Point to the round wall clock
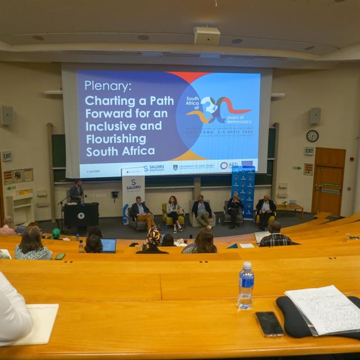312,136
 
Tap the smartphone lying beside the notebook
269,323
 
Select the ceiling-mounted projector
206,35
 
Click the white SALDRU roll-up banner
133,195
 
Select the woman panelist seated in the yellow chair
173,212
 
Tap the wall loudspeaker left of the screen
7,115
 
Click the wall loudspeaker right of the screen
315,115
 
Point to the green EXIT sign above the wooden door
309,151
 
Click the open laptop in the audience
108,245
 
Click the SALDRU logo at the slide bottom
153,168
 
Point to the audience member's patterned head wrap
154,236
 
